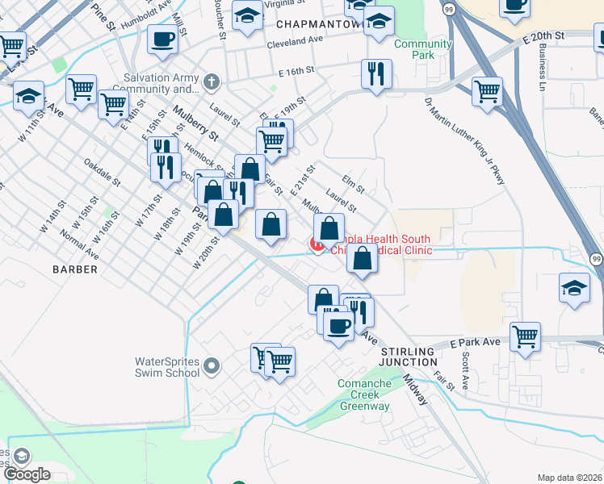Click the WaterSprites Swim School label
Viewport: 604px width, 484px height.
click(x=168, y=366)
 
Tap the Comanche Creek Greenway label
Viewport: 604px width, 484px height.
click(x=364, y=394)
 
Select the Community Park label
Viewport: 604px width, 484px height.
click(x=422, y=49)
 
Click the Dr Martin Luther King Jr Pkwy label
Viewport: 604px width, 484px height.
click(x=465, y=141)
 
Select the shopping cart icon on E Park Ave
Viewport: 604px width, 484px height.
click(x=525, y=335)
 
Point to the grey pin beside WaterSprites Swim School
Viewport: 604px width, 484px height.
click(x=212, y=366)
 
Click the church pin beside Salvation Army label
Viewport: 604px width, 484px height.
click(x=211, y=81)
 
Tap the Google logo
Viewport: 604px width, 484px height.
click(x=27, y=474)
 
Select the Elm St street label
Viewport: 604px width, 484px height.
click(x=354, y=185)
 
